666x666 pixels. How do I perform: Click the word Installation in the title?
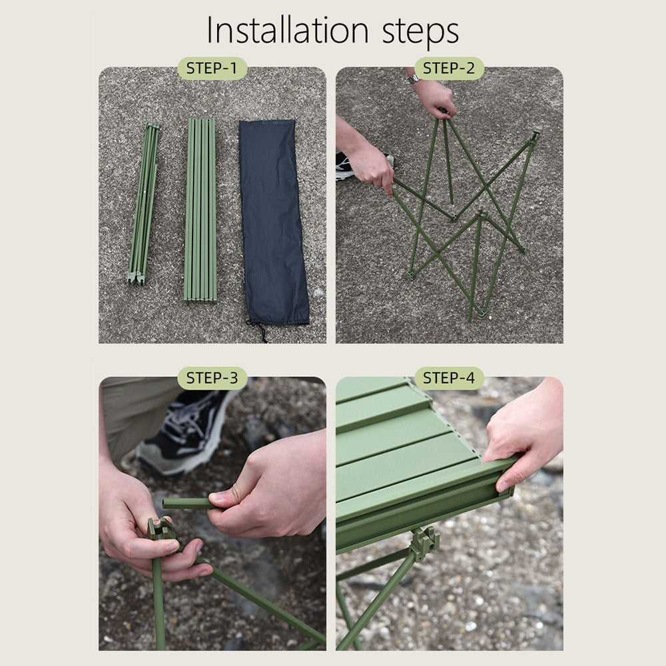click(x=287, y=30)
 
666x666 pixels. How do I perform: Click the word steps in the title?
click(x=420, y=31)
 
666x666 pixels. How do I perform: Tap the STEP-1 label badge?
click(x=211, y=68)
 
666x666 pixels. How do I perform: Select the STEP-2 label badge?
click(x=448, y=68)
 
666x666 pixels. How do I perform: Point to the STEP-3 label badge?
click(x=212, y=378)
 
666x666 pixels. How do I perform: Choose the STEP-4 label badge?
click(x=449, y=378)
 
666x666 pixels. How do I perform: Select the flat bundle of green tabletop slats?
click(x=200, y=210)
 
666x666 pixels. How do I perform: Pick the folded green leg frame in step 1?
click(x=145, y=204)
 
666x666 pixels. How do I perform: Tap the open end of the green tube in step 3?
click(x=165, y=503)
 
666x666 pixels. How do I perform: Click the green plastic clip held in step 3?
click(x=160, y=529)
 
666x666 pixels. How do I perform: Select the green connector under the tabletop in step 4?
click(x=425, y=543)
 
